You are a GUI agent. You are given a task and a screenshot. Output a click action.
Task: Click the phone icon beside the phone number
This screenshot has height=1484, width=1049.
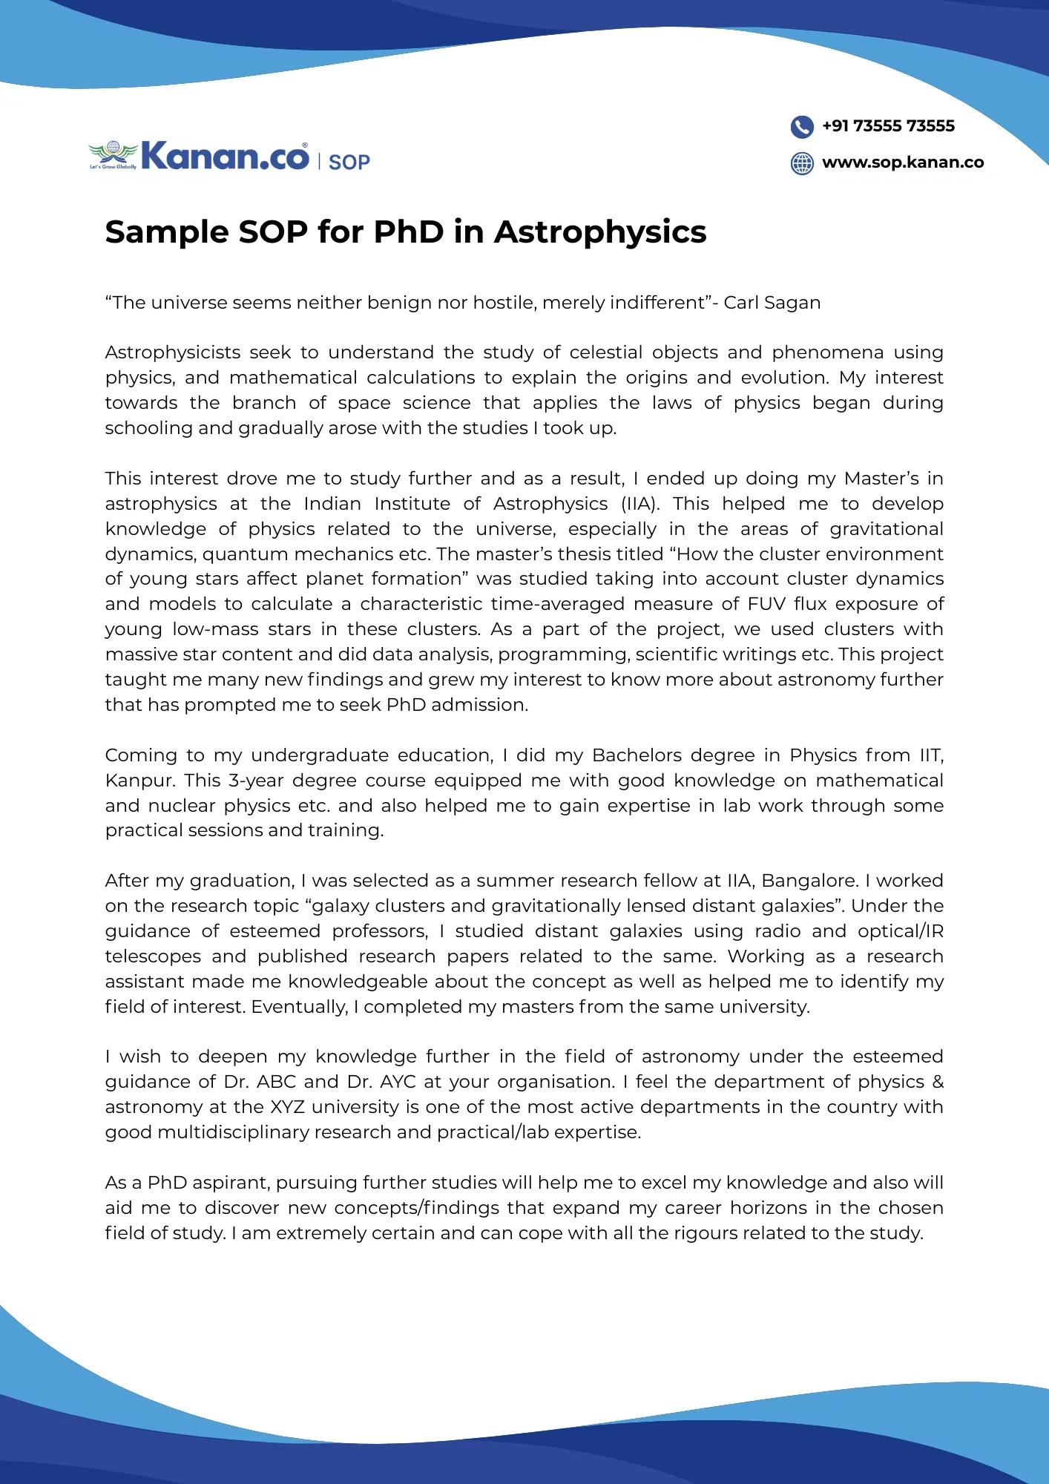coord(802,127)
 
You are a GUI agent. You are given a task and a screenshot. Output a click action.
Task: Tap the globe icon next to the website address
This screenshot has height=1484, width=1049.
coord(802,163)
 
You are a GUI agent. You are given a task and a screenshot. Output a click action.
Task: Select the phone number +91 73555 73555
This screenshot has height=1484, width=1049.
coord(888,126)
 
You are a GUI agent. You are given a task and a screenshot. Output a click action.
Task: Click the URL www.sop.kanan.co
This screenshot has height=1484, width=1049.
coord(903,162)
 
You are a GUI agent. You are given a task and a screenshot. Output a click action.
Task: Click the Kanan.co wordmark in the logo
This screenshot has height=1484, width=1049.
coord(225,156)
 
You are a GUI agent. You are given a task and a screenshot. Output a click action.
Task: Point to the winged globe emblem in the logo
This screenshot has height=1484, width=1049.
coord(113,154)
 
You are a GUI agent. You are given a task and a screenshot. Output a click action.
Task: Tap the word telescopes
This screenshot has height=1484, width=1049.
coord(153,956)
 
